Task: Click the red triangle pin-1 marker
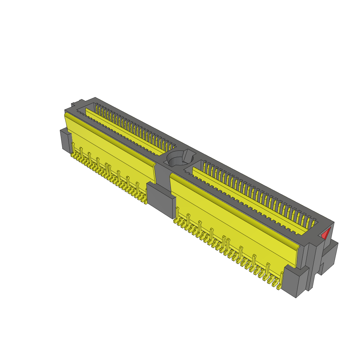(x=327, y=233)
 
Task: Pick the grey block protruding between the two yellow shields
(x=161, y=200)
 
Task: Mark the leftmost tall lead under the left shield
(x=73, y=148)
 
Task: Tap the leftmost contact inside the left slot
(x=96, y=107)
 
